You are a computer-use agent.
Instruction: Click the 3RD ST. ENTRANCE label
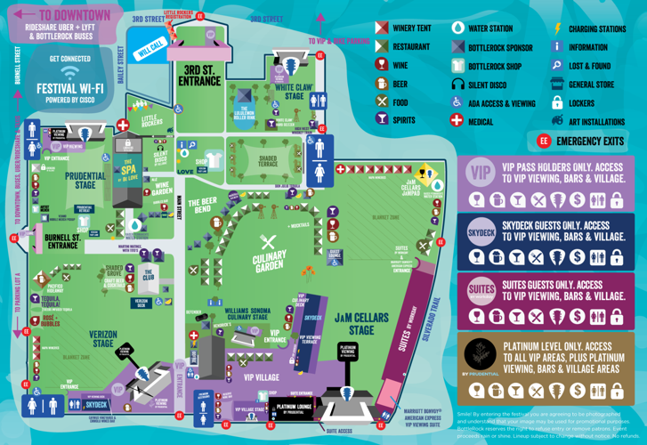[199, 75]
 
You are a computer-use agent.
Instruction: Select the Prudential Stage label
[85, 181]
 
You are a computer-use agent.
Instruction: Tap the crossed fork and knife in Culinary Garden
[268, 241]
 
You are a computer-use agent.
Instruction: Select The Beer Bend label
[203, 208]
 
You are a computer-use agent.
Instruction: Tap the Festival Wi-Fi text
[69, 88]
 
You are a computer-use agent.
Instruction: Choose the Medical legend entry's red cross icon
[457, 120]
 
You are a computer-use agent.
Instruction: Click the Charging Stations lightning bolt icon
[558, 28]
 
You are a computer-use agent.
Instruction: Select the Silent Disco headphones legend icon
[457, 84]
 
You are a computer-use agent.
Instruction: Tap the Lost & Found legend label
[589, 66]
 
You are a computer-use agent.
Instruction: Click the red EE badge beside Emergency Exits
[543, 141]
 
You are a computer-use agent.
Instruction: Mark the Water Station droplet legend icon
[457, 28]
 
